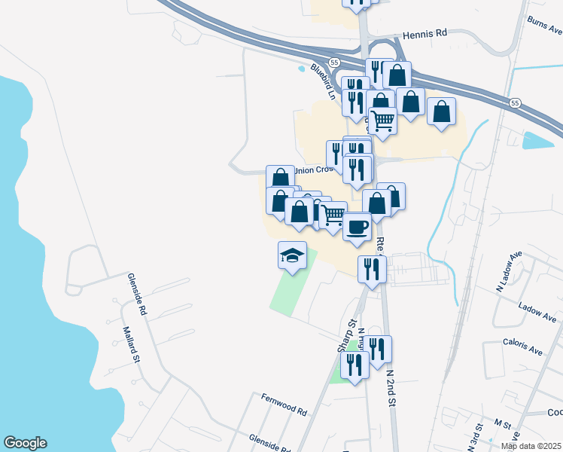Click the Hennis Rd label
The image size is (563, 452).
click(425, 34)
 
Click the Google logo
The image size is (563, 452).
click(25, 443)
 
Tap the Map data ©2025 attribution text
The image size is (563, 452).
click(531, 446)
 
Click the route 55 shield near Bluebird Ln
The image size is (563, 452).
click(334, 61)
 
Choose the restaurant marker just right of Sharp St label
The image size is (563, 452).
click(378, 349)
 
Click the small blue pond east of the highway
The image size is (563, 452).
click(538, 140)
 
